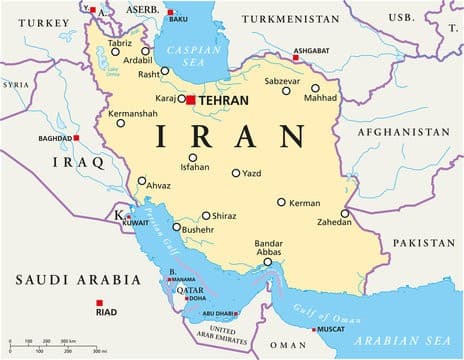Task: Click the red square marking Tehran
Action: pos(190,100)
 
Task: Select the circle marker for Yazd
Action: pos(236,173)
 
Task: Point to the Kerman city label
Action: pos(304,203)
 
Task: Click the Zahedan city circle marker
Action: pos(345,213)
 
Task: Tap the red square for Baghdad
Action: pos(76,138)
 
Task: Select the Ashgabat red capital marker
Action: pos(296,56)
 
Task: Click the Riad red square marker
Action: pos(98,303)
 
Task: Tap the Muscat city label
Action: pos(333,329)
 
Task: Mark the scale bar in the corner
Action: pos(55,345)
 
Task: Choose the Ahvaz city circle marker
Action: pos(141,182)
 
